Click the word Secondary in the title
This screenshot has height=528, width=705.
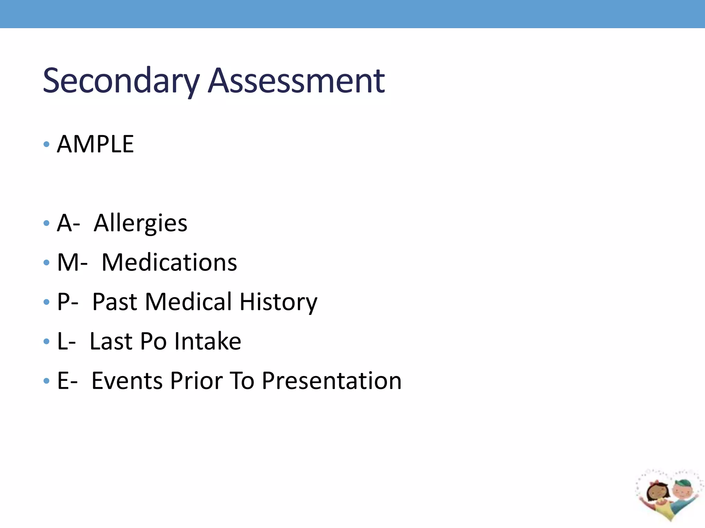click(x=121, y=81)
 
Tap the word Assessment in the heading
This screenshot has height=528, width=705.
click(x=296, y=81)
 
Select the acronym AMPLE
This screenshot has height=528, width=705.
click(x=95, y=144)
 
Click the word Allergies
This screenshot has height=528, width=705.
click(x=140, y=223)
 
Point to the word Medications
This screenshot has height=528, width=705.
click(x=169, y=263)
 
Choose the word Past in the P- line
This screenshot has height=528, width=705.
click(x=115, y=302)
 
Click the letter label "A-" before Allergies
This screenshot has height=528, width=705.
click(x=69, y=223)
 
